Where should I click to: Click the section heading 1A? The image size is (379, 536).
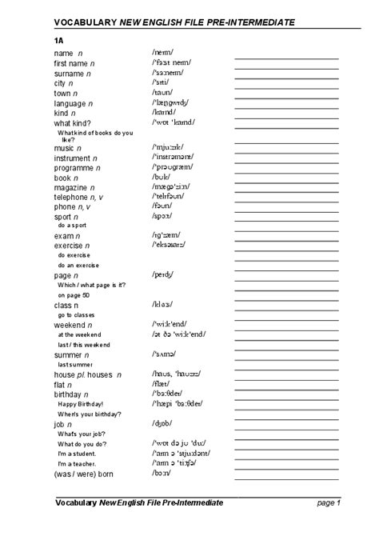pos(59,38)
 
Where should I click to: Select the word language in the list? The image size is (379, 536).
pos(70,103)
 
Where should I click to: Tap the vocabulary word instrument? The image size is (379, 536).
pos(72,158)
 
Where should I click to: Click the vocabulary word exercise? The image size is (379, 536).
pos(70,246)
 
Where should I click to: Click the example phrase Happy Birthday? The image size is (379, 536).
pos(80,404)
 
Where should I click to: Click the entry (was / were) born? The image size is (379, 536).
pos(84,474)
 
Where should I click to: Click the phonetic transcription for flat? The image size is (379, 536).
pos(162,385)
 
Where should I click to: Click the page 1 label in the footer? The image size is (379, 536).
pos(329,502)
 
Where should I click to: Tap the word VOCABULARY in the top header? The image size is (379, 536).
pos(86,22)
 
